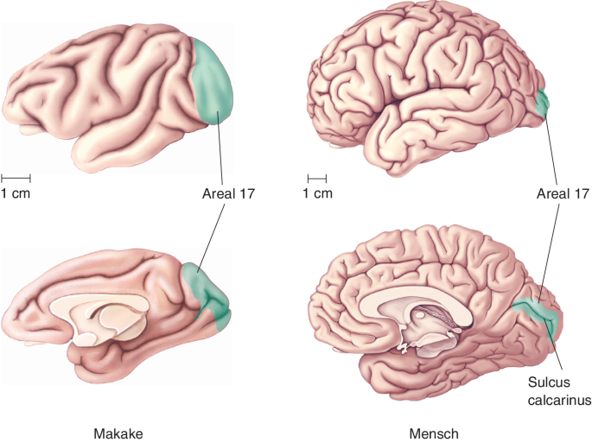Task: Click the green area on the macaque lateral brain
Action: coord(214,82)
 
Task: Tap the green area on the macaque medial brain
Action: coord(207,294)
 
